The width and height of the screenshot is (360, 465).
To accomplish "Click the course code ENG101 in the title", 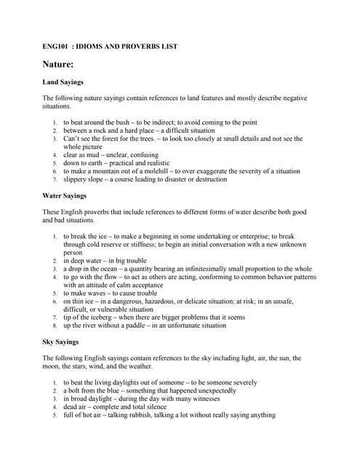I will (x=55, y=46).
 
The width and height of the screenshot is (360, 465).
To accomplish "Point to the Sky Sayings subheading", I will (x=61, y=341).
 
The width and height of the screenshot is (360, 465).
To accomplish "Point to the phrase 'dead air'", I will (x=76, y=407).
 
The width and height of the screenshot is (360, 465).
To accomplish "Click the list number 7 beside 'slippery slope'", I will (x=55, y=179).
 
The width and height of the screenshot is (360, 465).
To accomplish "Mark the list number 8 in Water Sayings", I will (x=55, y=325).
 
